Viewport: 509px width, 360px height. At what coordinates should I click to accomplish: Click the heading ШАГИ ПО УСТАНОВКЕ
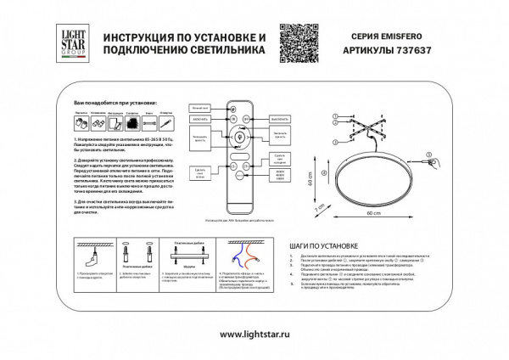tap(322, 242)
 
